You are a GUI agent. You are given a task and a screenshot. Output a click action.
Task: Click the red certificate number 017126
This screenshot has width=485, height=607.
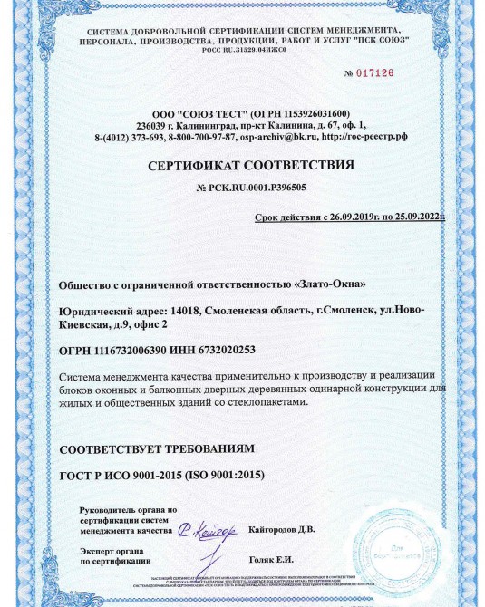tap(375, 73)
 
